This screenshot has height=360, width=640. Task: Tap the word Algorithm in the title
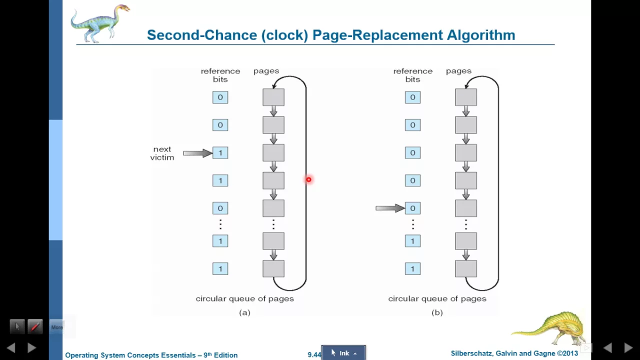[x=481, y=35]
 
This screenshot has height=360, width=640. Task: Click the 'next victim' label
[x=162, y=153]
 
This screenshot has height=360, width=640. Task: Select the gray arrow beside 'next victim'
[x=197, y=153]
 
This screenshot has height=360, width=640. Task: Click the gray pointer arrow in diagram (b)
[x=390, y=208]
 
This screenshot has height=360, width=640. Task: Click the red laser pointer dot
[x=309, y=179]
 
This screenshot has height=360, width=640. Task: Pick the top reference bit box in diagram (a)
[x=220, y=97]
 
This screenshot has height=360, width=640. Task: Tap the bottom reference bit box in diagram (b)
[x=413, y=269]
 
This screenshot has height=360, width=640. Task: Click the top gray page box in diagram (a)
[x=273, y=97]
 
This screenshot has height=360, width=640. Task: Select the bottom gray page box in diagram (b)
[x=466, y=268]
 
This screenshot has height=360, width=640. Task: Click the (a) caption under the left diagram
[x=244, y=312]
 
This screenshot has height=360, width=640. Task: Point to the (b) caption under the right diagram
[x=437, y=312]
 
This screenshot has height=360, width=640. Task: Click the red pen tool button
[x=35, y=326]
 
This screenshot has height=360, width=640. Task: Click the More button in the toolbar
[x=57, y=327]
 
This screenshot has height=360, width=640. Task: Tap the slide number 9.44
[x=314, y=355]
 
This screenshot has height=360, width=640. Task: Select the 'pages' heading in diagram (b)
[x=458, y=71]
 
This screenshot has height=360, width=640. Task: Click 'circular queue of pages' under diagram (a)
[x=245, y=299]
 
